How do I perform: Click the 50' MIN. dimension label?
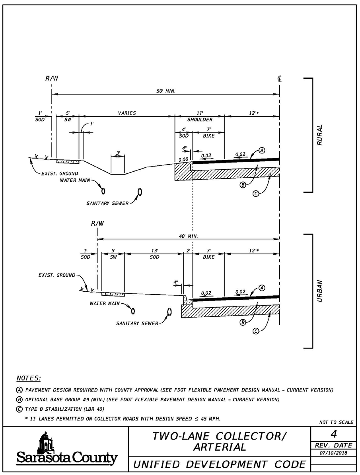click(x=166, y=91)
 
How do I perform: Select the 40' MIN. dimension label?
click(x=188, y=236)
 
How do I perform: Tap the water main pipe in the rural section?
click(x=103, y=191)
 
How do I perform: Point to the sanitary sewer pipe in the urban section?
click(x=169, y=312)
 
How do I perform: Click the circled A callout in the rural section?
click(x=262, y=150)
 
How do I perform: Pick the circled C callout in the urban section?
click(x=256, y=332)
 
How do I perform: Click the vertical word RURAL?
click(x=320, y=135)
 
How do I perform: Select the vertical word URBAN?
click(x=320, y=291)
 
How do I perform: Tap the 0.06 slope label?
click(x=183, y=160)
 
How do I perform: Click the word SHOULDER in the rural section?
click(x=200, y=119)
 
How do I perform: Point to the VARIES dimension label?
click(x=127, y=113)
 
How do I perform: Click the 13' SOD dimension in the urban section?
click(x=154, y=254)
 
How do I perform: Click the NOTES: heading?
click(x=29, y=378)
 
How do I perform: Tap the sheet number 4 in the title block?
click(x=334, y=434)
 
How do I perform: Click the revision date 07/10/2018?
click(x=334, y=453)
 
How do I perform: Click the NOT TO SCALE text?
click(x=337, y=422)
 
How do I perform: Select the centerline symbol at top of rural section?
click(x=279, y=79)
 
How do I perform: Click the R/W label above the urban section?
click(x=97, y=223)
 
